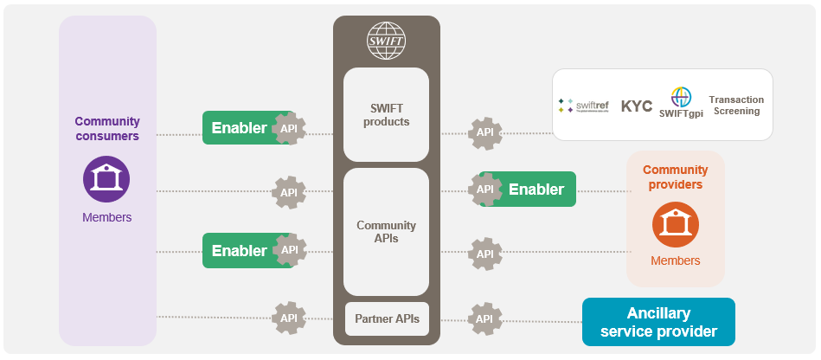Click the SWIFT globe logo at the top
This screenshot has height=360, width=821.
(386, 42)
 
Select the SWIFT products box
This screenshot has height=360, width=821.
(386, 114)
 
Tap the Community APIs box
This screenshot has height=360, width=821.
(386, 232)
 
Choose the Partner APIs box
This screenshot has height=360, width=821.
(387, 318)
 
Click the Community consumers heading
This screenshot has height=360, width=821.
(107, 129)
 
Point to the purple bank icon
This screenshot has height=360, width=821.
(106, 179)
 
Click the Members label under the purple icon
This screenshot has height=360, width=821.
(107, 217)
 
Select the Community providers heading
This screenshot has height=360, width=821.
(675, 177)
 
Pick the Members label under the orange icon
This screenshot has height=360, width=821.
(675, 260)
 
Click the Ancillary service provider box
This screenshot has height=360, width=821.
(658, 322)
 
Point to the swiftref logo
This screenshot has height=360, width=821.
(583, 106)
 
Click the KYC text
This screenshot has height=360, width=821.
(637, 106)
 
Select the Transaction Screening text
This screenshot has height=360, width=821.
(736, 105)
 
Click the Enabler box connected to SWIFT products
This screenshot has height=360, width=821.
(240, 128)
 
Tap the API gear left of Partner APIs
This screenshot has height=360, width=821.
(289, 318)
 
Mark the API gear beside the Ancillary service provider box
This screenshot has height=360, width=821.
(485, 318)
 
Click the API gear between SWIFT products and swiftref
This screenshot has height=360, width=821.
(485, 132)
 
